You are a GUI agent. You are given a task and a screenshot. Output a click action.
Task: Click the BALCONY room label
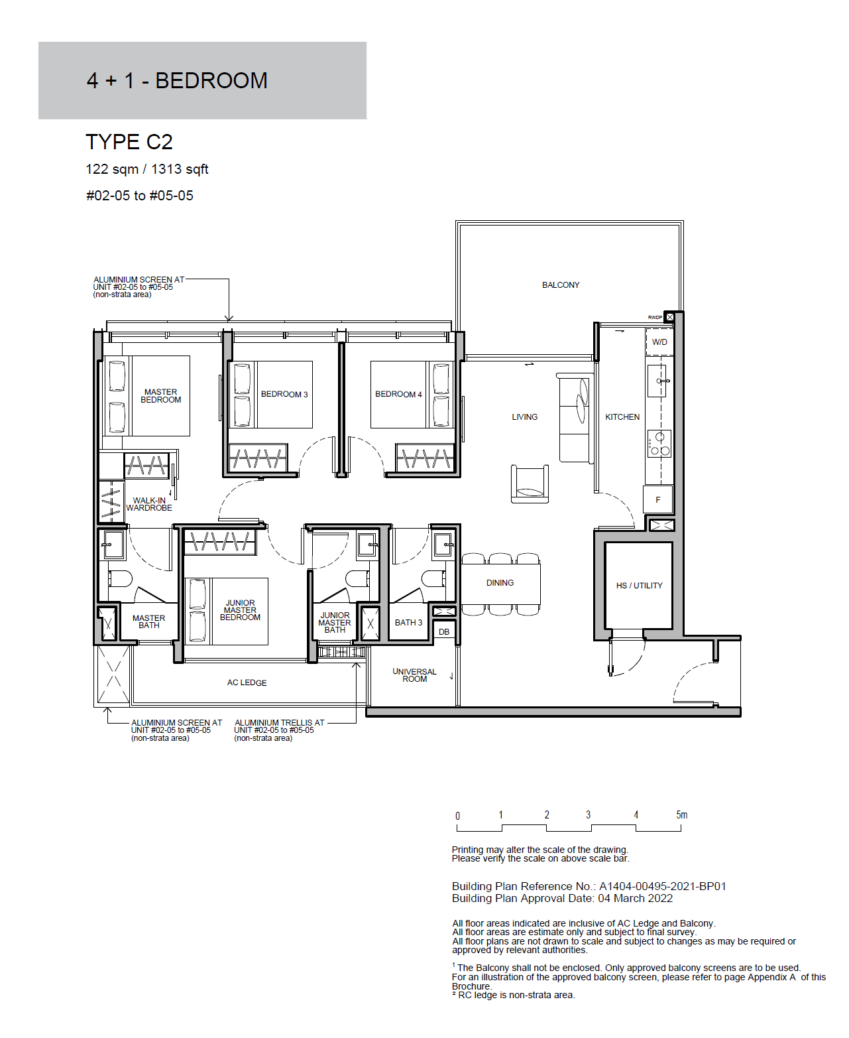[560, 285]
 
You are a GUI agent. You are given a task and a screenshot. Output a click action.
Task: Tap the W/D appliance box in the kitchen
[659, 342]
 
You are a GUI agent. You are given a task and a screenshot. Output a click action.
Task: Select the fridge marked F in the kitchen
[657, 499]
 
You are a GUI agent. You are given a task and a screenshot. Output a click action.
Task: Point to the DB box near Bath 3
[443, 632]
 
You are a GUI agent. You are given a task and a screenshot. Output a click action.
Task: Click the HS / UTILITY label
[639, 585]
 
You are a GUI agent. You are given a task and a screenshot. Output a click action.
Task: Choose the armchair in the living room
[530, 484]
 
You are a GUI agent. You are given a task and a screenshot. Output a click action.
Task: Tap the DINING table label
[500, 583]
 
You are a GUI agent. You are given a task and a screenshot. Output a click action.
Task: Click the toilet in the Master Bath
[119, 579]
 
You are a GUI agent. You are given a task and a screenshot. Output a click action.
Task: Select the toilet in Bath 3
[433, 579]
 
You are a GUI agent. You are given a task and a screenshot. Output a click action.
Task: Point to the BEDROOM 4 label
[398, 394]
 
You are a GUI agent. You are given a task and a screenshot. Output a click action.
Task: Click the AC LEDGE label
[247, 682]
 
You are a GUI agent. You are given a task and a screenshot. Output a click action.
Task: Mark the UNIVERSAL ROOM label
[415, 675]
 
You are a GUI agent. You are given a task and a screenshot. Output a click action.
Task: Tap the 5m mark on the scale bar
[681, 814]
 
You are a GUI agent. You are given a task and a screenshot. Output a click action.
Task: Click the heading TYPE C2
[129, 142]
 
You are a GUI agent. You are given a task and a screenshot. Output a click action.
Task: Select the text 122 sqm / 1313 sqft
[147, 169]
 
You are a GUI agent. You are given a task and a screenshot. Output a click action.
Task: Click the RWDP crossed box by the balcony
[669, 317]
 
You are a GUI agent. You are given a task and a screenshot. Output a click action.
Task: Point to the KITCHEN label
[622, 417]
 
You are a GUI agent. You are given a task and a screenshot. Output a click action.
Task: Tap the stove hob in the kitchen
[659, 444]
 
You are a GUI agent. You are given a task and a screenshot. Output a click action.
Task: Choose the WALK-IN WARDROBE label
[149, 504]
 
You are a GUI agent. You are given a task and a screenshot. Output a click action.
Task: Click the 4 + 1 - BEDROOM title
[177, 81]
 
